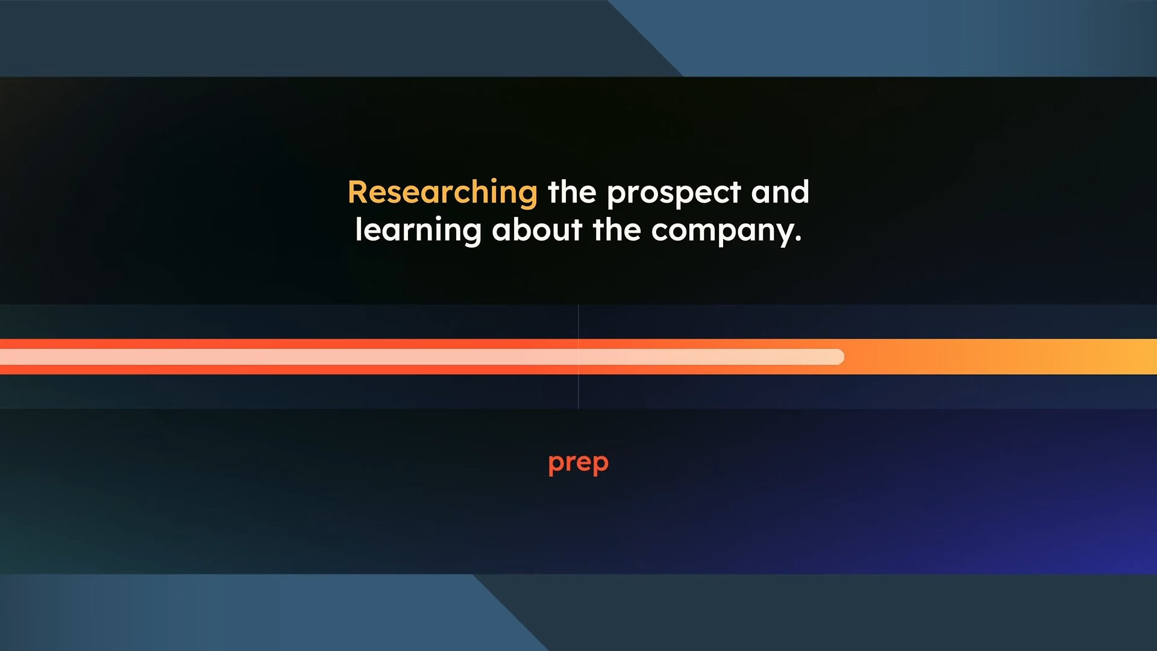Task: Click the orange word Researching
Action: (x=442, y=193)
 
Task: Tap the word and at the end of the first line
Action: (x=780, y=192)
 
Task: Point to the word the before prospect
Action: (x=572, y=192)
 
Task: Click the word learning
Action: (x=418, y=231)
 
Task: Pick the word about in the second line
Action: (x=537, y=230)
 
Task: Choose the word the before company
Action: (x=616, y=230)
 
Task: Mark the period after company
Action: (x=798, y=240)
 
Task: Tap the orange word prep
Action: (x=578, y=464)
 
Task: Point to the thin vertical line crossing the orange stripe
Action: (x=578, y=357)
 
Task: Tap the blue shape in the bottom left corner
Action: (x=253, y=612)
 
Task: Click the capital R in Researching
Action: (x=359, y=193)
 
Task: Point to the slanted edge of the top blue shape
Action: (x=645, y=38)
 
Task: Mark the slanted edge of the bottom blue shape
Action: (x=510, y=612)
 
